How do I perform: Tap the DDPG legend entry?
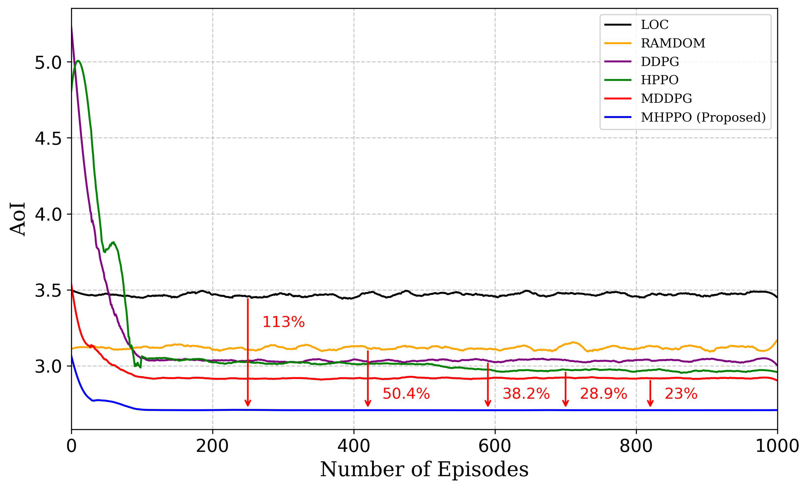[659, 62]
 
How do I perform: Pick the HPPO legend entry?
[659, 80]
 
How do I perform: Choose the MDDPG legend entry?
[666, 98]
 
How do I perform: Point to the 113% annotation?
[283, 322]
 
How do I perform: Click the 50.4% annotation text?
[406, 393]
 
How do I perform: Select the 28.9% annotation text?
[603, 393]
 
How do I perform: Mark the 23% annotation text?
[681, 393]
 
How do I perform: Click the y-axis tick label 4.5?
[48, 138]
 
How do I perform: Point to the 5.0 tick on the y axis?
[48, 62]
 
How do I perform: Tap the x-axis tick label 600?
[495, 446]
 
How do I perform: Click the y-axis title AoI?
[18, 219]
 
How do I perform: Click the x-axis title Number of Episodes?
[424, 469]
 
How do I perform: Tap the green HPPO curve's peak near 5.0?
[78, 61]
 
